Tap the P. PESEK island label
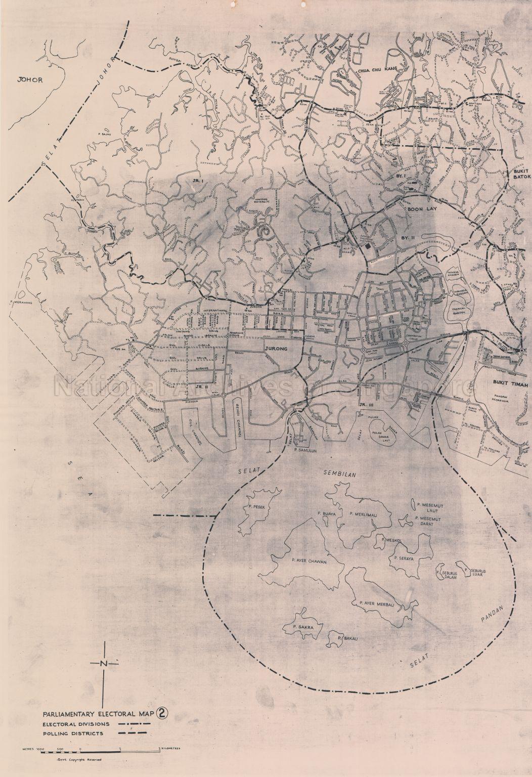[251, 506]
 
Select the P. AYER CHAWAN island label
[310, 562]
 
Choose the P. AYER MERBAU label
[376, 603]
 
